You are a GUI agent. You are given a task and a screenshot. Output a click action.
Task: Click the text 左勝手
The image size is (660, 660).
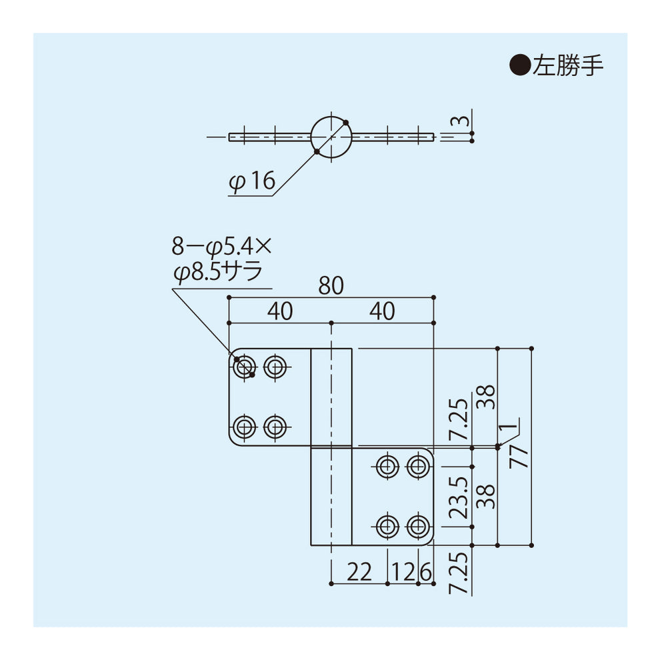(567, 65)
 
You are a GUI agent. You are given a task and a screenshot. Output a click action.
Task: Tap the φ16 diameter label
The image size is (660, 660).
(251, 181)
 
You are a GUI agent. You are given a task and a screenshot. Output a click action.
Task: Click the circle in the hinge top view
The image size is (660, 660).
(331, 137)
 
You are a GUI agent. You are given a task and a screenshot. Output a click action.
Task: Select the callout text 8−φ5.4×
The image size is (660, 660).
(222, 247)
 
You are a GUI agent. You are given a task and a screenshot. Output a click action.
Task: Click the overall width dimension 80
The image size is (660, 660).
(331, 286)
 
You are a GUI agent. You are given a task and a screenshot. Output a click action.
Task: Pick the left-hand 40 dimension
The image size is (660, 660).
(280, 311)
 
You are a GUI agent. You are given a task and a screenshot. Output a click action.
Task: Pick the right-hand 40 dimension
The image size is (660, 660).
(382, 311)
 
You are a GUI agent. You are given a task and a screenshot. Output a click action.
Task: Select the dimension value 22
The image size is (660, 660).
(359, 573)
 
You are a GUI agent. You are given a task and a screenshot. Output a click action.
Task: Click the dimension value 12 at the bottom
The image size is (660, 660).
(402, 573)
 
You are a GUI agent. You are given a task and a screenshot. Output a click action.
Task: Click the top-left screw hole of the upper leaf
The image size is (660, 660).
(244, 365)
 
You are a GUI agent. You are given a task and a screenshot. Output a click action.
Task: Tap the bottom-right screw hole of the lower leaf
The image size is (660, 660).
(418, 527)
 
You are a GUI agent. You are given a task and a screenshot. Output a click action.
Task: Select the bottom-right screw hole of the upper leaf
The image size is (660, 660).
(275, 425)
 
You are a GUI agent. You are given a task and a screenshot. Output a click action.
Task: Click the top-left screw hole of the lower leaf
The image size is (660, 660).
(387, 466)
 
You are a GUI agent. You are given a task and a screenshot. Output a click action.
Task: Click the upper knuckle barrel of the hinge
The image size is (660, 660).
(331, 396)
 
